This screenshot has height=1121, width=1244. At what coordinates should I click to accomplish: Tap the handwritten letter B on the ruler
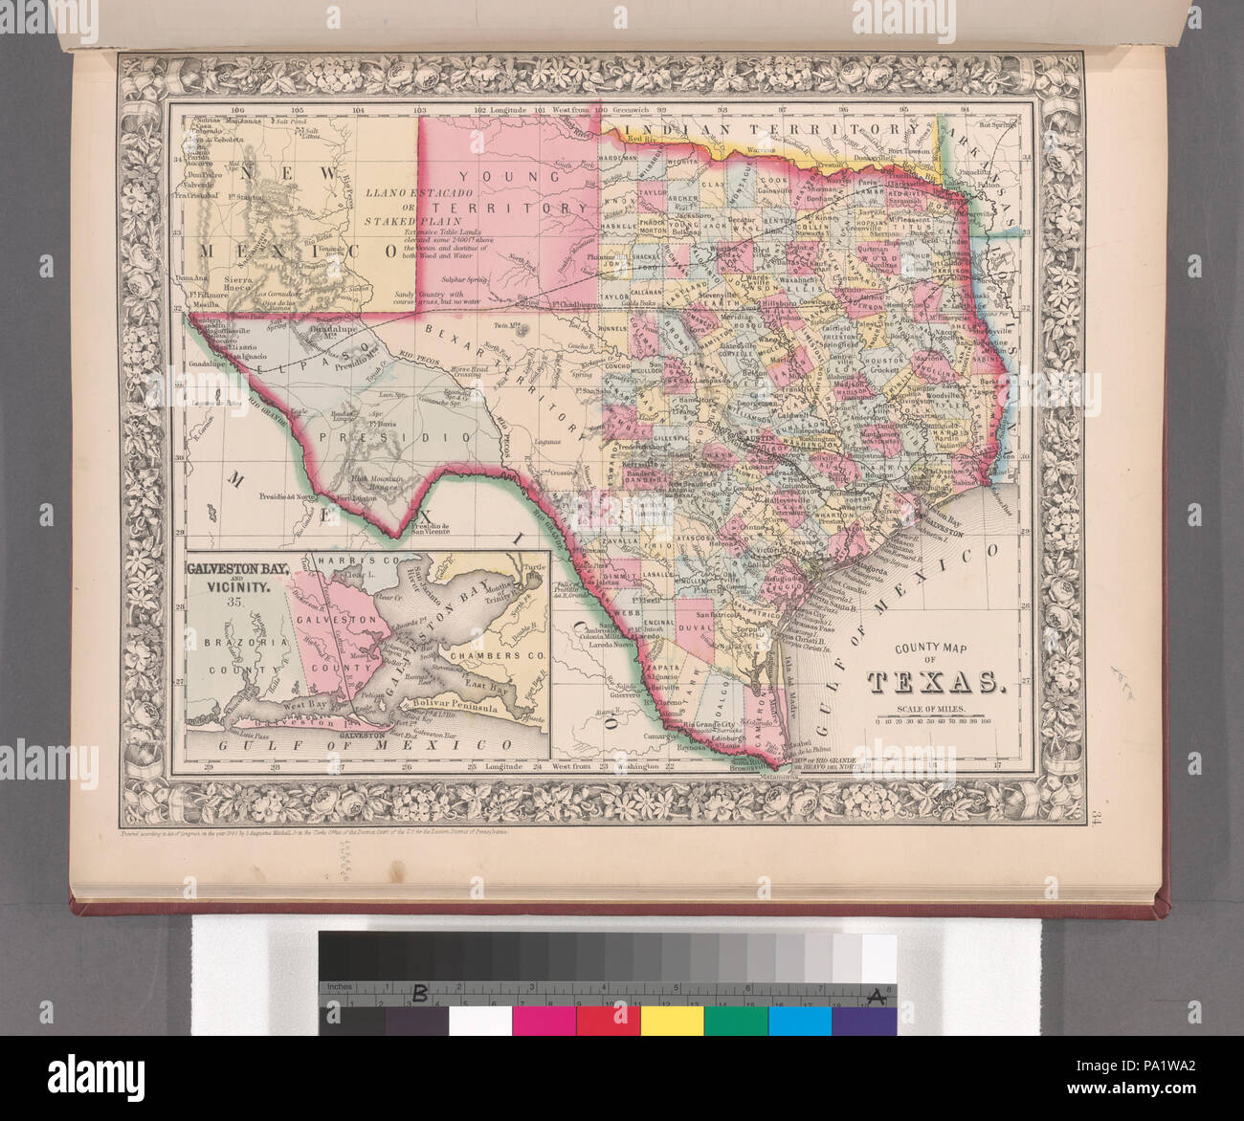[x=418, y=995]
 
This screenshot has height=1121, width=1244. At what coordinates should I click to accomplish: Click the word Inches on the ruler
[x=340, y=987]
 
